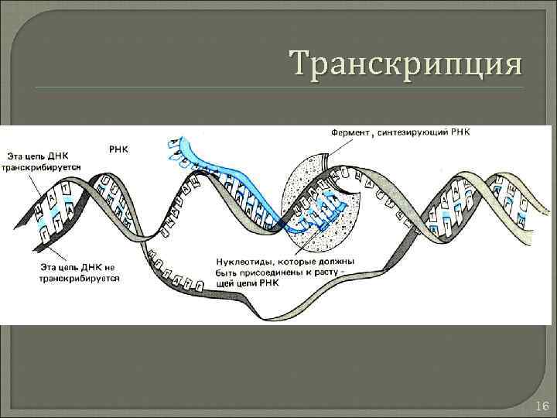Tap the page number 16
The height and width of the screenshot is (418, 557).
point(542,406)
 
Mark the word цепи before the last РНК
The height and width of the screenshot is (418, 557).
point(251,283)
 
